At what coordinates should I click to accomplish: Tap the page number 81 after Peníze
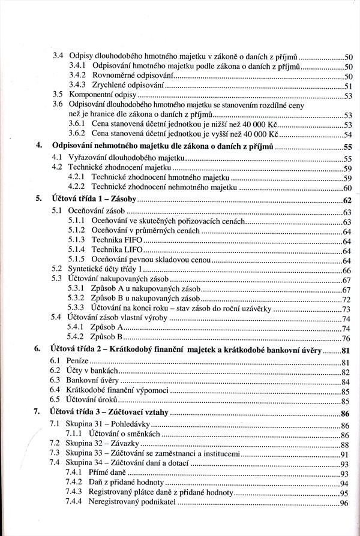pyautogui.click(x=346, y=362)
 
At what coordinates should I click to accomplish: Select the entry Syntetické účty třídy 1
pyautogui.click(x=106, y=270)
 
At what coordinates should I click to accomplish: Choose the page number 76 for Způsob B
pyautogui.click(x=346, y=339)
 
